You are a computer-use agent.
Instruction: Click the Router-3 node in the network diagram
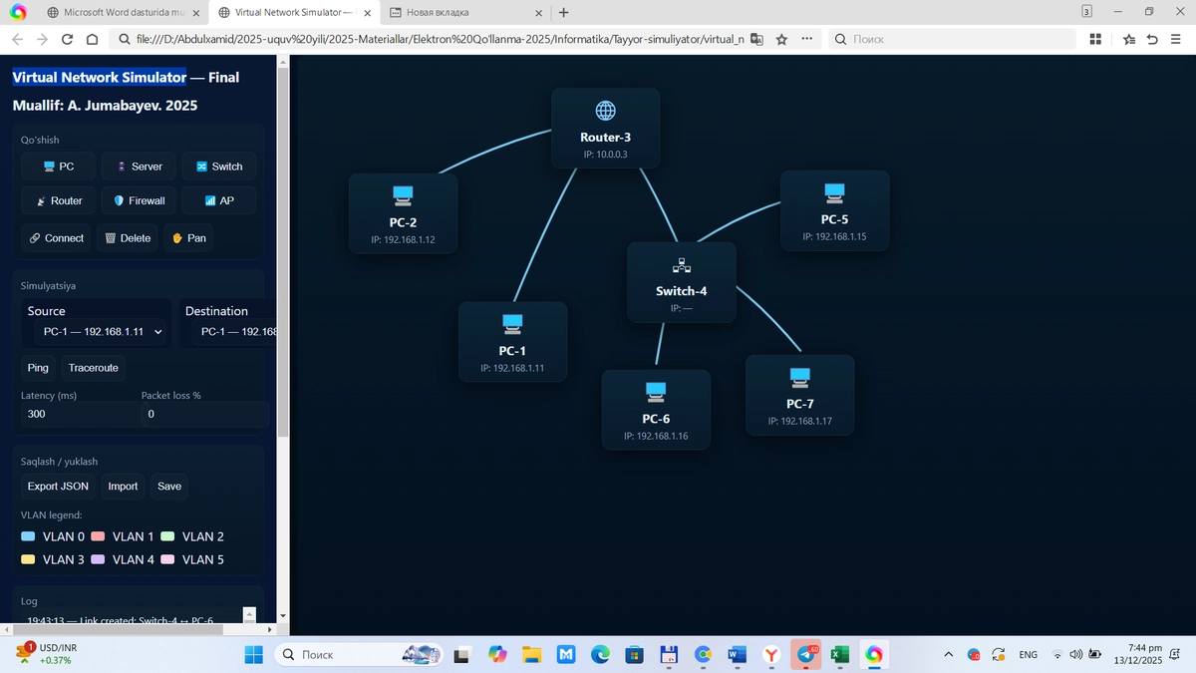coord(605,128)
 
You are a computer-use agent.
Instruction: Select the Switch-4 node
coord(681,282)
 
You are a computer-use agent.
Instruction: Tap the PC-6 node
coord(656,409)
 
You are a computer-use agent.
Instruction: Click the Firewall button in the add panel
coord(139,200)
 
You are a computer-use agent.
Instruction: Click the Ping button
coord(38,368)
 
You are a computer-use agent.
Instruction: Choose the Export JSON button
coord(58,487)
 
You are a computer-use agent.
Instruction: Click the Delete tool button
coord(127,238)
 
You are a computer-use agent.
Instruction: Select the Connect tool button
coord(56,238)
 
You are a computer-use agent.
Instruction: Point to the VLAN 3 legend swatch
coord(28,559)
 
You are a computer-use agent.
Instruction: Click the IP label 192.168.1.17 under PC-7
coord(799,422)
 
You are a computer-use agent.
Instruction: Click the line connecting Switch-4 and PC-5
coord(740,220)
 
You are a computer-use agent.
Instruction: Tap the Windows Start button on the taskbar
coord(253,655)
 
